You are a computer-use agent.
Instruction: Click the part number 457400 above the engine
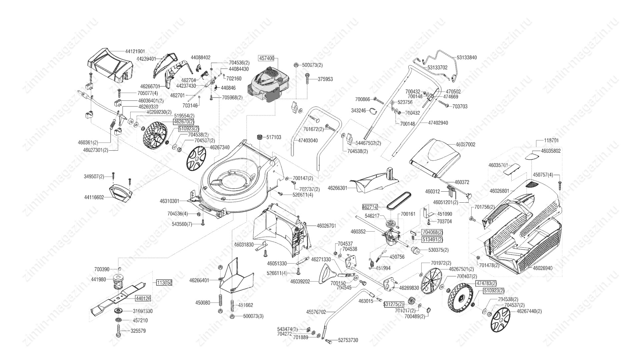tap(266, 58)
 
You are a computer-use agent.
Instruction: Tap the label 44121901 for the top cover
tap(135, 51)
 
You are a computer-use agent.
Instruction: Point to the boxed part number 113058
tap(164, 282)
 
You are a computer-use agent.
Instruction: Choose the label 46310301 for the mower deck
tap(169, 201)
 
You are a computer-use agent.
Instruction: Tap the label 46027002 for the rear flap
tap(465, 145)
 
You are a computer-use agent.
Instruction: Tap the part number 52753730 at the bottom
tap(348, 340)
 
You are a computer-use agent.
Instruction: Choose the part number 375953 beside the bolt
tap(325, 79)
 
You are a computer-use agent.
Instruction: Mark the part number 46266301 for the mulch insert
tap(337, 188)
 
